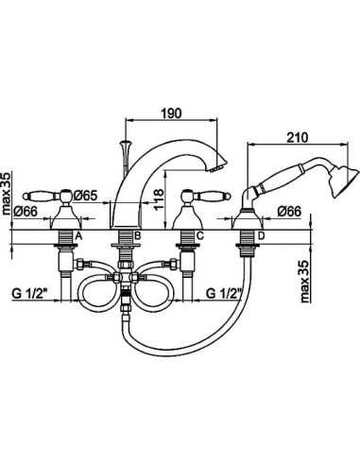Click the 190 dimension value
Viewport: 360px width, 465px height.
pos(172,113)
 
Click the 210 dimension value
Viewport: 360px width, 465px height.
pos(298,138)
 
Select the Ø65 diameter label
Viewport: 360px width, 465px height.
pos(86,196)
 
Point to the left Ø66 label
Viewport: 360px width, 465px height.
pos(26,211)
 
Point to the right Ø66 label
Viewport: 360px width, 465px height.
pos(289,212)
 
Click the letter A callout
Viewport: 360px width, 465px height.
pos(78,235)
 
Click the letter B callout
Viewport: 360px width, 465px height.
pos(137,235)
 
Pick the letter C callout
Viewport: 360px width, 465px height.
pos(200,235)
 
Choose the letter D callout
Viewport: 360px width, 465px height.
pos(262,235)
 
